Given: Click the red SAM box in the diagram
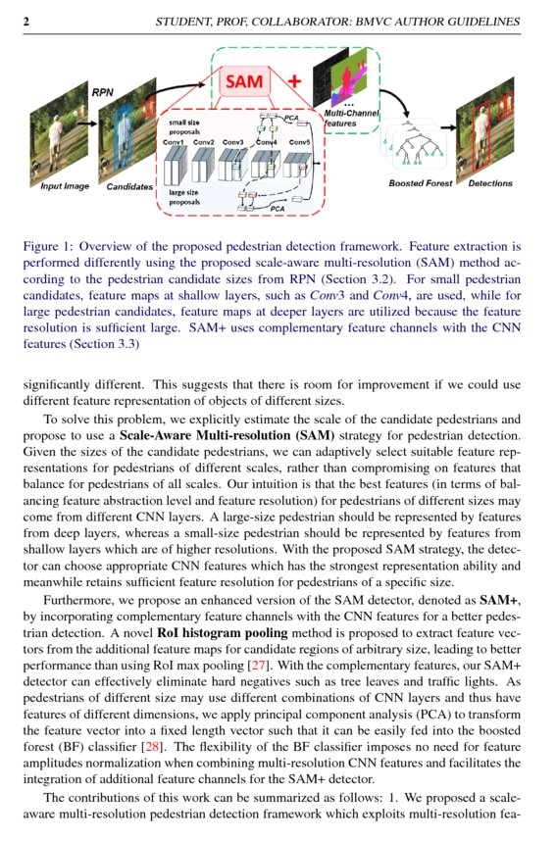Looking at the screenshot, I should (244, 81).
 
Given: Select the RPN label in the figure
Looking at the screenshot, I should (103, 92).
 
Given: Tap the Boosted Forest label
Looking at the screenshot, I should (420, 183).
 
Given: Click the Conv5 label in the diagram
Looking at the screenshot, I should (300, 143).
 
